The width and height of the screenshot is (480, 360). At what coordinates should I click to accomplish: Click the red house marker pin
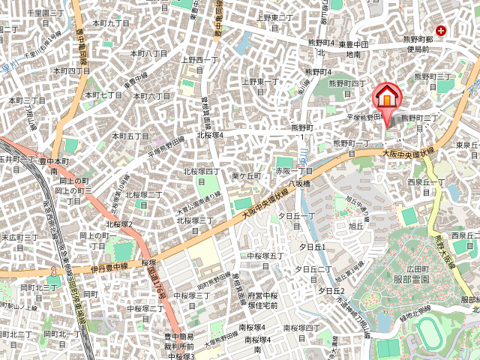click(386, 98)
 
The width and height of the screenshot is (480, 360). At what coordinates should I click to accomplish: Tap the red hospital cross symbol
click(441, 31)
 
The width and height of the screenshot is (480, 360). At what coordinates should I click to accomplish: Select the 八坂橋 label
click(298, 183)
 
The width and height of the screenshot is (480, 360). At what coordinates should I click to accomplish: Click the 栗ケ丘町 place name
click(246, 175)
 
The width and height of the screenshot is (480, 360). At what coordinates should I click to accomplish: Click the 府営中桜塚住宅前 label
click(263, 301)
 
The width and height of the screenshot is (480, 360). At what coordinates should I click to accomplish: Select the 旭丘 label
click(356, 225)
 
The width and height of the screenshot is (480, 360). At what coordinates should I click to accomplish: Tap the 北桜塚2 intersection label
click(119, 224)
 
